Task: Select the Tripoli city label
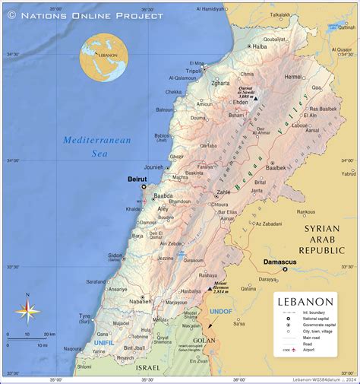coord(194,71)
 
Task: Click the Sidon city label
coord(115,255)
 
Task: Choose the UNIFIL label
coord(103,343)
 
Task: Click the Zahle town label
coord(223,192)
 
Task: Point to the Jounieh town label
coord(153,167)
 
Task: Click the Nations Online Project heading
coord(85,14)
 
